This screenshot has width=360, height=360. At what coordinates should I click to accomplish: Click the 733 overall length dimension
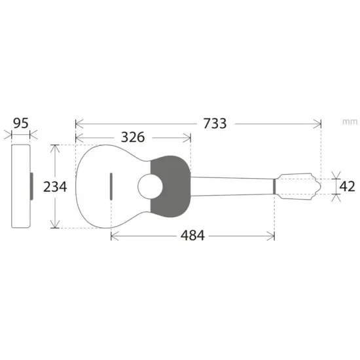click(x=215, y=124)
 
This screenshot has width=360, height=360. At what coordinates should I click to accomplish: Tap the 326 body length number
click(x=133, y=137)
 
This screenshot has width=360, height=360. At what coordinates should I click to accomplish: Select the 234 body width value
click(x=55, y=187)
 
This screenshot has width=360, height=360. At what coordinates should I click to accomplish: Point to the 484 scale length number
click(x=192, y=236)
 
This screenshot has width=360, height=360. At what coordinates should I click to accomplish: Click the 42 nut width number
click(x=347, y=186)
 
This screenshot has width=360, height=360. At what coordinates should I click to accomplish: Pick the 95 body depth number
click(x=21, y=123)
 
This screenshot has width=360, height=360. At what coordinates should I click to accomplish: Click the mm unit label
click(x=350, y=122)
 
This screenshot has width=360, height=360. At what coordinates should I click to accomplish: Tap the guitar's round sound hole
click(x=150, y=187)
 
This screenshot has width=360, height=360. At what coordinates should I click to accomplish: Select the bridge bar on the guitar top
click(x=111, y=187)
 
